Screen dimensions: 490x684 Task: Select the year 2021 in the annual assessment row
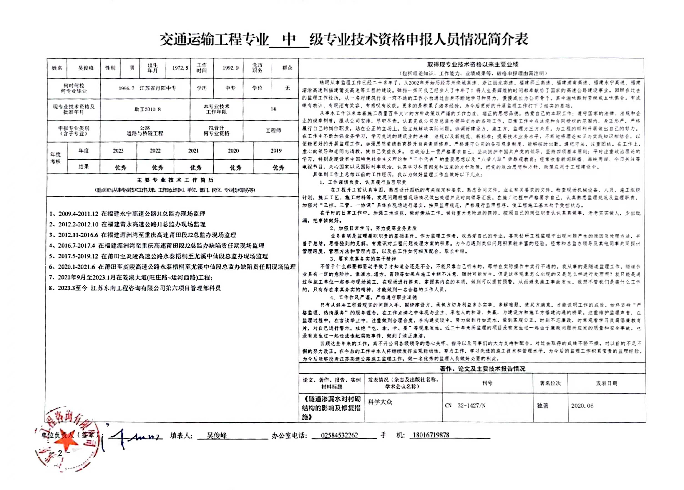[193, 151]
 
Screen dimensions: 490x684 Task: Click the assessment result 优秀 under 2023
[120, 168]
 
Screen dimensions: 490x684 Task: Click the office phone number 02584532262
[339, 435]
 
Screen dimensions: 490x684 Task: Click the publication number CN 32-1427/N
[465, 406]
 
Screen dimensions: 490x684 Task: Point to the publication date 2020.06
[582, 406]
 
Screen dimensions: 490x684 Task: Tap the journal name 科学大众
[380, 402]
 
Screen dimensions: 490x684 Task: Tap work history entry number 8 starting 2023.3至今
[135, 288]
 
